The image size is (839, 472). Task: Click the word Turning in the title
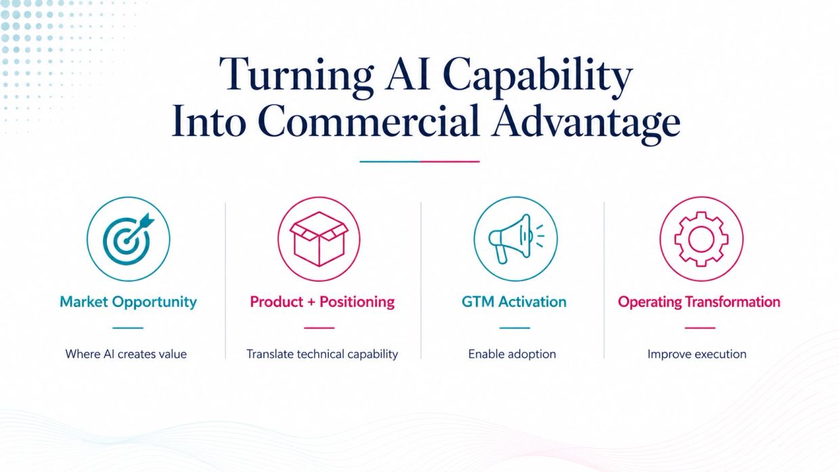click(296, 76)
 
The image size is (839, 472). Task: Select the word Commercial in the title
click(369, 121)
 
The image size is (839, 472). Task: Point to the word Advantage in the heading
click(586, 124)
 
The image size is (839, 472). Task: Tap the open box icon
click(319, 239)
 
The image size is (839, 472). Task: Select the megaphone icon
click(516, 239)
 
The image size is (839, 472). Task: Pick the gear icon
click(702, 239)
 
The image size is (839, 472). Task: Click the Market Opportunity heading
click(128, 302)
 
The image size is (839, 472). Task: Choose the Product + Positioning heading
click(322, 302)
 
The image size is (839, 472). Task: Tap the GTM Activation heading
click(514, 302)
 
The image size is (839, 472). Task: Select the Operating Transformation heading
click(699, 302)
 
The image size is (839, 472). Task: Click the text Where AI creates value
click(126, 354)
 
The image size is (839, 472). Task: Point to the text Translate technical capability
click(322, 354)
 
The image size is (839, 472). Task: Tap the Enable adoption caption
click(512, 354)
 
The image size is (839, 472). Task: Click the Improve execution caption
click(697, 354)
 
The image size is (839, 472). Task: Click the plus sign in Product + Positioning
click(311, 302)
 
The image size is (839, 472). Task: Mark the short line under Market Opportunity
click(128, 328)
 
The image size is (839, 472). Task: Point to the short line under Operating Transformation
click(700, 328)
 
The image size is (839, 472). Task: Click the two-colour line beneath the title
click(419, 162)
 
